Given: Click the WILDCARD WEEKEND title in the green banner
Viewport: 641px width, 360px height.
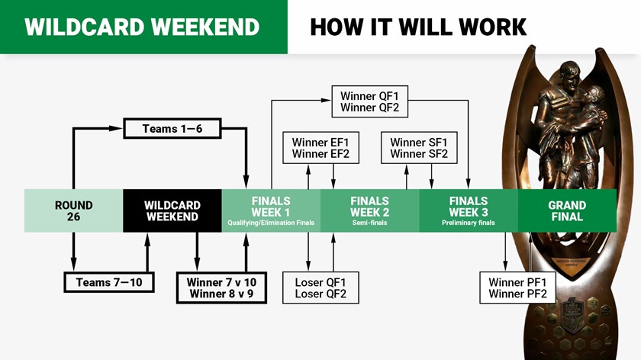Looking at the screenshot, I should point(142,27).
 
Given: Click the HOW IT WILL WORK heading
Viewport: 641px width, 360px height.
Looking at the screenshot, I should point(418,27).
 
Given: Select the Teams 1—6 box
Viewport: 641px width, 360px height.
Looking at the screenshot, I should point(172,129).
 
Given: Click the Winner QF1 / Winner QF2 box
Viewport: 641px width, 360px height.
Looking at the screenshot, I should point(375,102).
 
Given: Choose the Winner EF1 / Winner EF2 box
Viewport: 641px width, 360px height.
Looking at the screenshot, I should point(320,148).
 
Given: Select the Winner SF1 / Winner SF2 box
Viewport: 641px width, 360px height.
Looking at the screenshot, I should point(418,148).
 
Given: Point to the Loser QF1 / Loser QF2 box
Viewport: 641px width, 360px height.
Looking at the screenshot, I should point(320,288).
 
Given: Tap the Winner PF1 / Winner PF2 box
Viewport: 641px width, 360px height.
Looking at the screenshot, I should point(517,288).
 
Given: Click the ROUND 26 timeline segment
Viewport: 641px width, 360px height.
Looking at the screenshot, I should point(73,211).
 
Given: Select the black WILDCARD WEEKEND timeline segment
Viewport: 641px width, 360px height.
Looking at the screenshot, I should point(172,211).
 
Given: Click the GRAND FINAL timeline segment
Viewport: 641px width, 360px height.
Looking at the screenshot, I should point(567,211).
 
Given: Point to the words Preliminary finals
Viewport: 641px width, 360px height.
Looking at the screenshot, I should point(469,223).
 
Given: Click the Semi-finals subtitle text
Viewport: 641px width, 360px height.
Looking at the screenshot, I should point(369,223).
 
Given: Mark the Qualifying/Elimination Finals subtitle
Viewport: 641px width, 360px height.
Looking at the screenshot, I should point(271,223).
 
